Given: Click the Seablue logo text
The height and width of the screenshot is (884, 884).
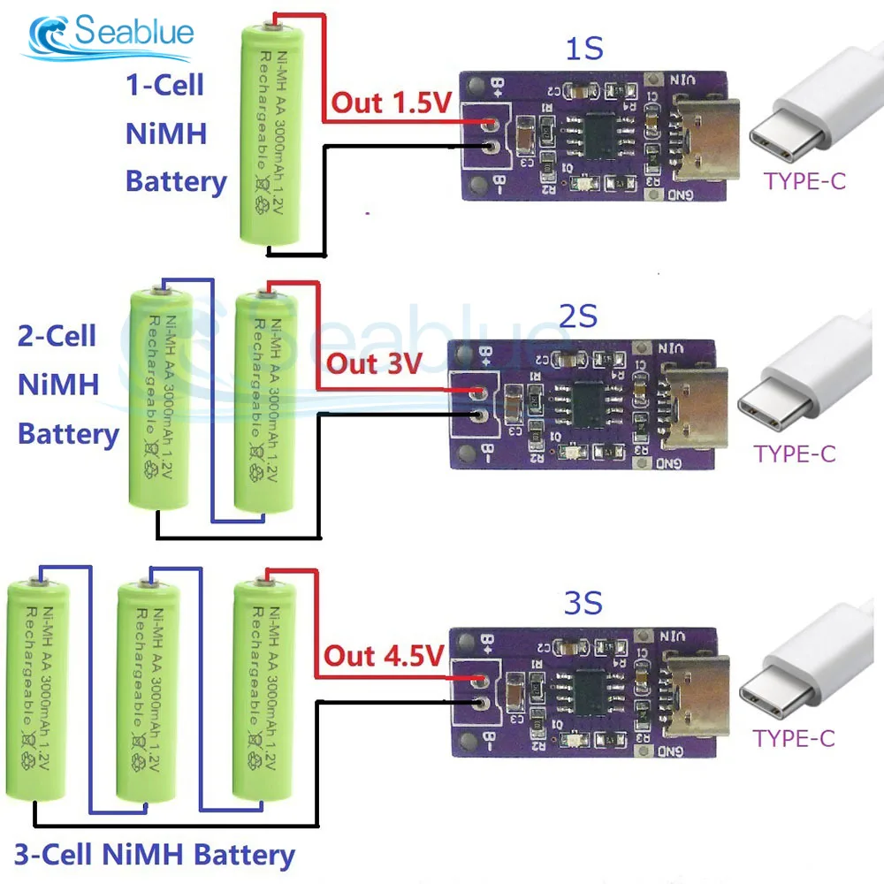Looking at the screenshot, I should point(133,34).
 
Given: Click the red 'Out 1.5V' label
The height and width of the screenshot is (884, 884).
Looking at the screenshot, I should point(391,103).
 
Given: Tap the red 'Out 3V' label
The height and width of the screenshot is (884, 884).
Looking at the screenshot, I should point(375,363).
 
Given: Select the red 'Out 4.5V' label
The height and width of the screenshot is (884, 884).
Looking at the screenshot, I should point(382,656).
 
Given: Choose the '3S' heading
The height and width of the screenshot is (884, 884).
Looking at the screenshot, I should point(583,605).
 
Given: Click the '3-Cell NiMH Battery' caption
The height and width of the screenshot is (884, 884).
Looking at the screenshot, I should point(154,855).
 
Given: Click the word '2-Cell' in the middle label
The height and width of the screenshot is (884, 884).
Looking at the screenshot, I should point(57,336).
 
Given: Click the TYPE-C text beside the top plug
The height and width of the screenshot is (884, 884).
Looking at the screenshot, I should point(804,182).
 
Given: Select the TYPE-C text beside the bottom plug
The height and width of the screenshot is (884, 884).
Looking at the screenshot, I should point(793,738).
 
